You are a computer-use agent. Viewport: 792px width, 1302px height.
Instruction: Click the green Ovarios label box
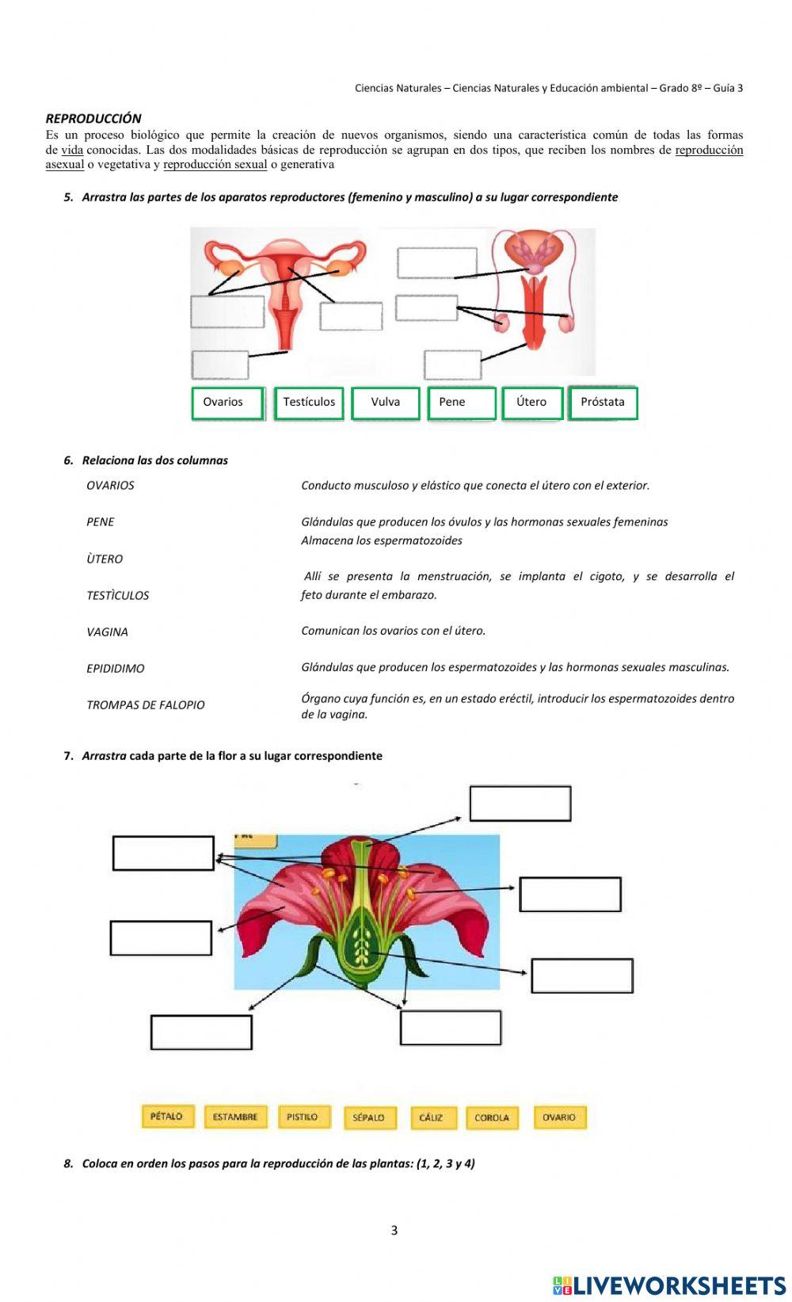227,403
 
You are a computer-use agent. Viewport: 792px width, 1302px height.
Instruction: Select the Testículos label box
309,403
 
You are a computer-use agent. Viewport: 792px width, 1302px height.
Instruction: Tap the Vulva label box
385,403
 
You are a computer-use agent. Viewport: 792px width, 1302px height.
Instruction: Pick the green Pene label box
462,403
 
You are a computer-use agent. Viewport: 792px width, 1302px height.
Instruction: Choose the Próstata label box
603,403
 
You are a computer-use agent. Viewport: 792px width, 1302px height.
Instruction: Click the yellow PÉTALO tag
167,1117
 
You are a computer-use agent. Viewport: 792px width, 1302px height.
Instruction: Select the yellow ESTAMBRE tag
235,1117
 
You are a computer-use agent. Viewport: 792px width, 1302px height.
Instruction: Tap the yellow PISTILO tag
303,1117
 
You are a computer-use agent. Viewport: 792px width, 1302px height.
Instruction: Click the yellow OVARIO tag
559,1117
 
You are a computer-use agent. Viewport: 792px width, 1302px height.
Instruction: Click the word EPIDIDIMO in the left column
116,669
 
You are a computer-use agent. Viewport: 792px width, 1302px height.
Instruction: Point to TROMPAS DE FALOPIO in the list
146,705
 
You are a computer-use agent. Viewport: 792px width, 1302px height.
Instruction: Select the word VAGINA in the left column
107,632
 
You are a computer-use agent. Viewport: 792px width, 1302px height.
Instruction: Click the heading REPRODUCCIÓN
93,119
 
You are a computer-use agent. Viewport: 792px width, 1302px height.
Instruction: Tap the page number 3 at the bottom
394,1231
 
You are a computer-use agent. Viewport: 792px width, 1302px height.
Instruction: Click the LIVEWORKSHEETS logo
669,1285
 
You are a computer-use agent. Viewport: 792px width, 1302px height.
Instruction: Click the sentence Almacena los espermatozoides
382,541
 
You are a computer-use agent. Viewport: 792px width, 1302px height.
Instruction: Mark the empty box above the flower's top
520,804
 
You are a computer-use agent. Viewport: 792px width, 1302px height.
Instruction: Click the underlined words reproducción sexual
215,165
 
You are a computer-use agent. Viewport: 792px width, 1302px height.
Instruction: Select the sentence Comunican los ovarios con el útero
393,632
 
